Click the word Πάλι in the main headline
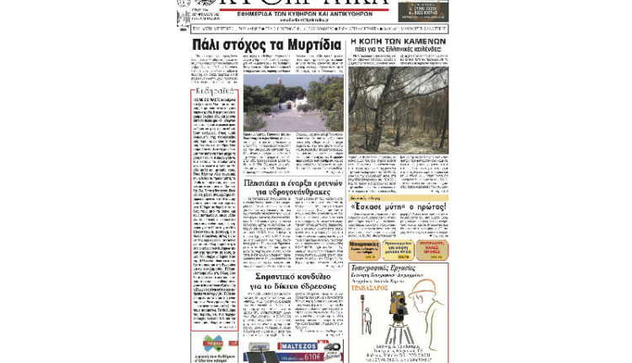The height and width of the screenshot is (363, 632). pyautogui.click(x=206, y=46)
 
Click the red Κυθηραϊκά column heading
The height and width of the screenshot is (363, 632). pyautogui.click(x=213, y=90)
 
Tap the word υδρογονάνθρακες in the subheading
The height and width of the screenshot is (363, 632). pyautogui.click(x=291, y=192)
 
